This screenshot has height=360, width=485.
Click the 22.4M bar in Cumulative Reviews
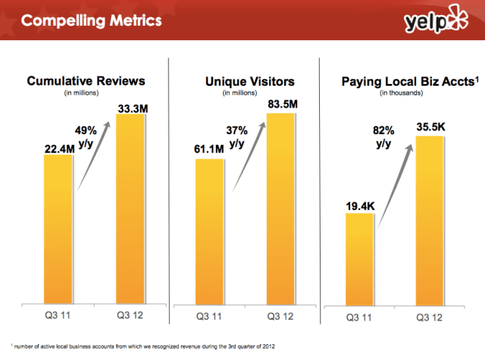click(58, 227)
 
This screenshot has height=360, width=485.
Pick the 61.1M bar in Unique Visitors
click(209, 231)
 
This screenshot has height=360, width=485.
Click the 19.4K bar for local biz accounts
click(358, 258)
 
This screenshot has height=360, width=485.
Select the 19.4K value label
click(358, 204)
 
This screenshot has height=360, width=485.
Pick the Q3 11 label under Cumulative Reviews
click(58, 315)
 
